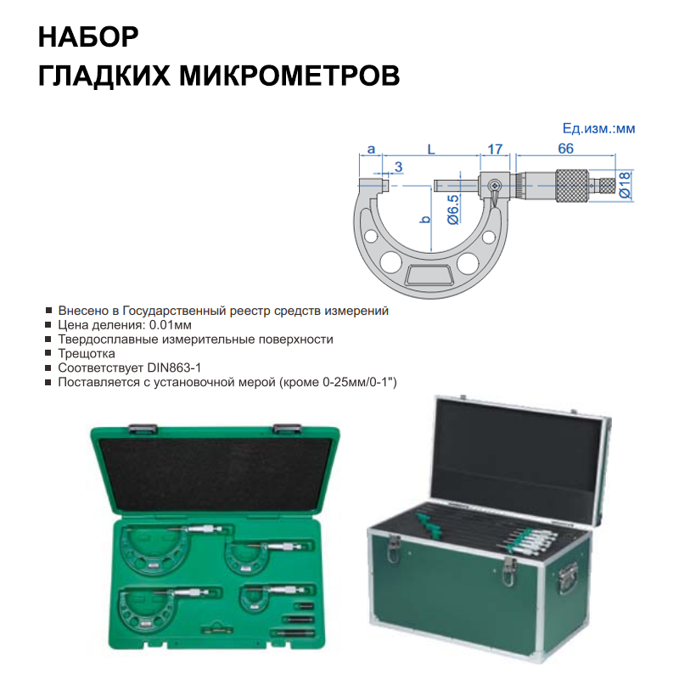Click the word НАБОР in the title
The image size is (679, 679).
(x=88, y=36)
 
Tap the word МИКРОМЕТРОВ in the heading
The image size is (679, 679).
(x=289, y=76)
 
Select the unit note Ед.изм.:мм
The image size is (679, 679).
(x=598, y=128)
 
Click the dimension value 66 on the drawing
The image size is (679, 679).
(x=565, y=149)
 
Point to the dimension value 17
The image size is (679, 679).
(x=495, y=149)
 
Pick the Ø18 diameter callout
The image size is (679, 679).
(x=625, y=184)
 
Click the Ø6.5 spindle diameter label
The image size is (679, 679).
(x=452, y=210)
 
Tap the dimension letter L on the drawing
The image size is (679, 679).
(x=431, y=149)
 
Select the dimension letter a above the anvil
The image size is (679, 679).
(x=371, y=149)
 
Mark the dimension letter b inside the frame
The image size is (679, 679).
(x=426, y=219)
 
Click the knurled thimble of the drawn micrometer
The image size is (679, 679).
(x=572, y=185)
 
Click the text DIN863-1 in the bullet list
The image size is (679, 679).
(x=174, y=368)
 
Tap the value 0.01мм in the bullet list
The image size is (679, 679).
(x=171, y=325)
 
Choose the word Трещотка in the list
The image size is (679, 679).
(x=87, y=353)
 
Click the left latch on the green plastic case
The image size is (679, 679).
(x=143, y=429)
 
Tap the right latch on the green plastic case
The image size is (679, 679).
(x=287, y=429)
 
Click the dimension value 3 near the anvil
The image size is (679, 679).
(x=398, y=166)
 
